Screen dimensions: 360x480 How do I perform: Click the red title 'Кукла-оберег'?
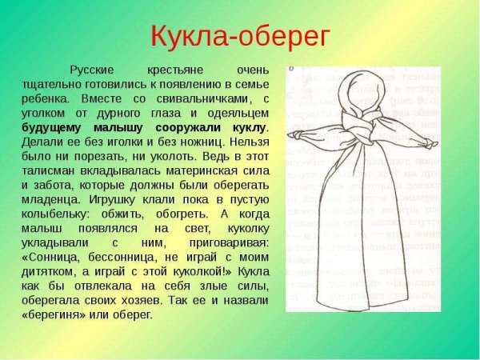click(x=240, y=35)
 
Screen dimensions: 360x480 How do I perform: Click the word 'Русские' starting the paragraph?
click(x=94, y=70)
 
